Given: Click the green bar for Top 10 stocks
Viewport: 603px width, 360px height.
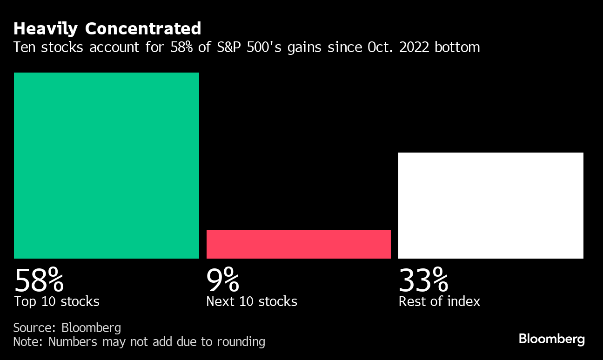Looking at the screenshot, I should pos(107,165).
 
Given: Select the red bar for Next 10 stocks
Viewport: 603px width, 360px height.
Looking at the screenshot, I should pos(298,244).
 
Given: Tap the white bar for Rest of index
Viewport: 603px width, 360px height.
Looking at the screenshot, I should pos(490,205).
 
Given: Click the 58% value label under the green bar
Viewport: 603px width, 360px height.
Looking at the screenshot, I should pos(39,280).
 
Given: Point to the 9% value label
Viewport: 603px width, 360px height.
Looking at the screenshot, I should pos(223,280).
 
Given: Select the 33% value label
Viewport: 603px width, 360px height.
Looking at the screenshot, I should pos(423,280).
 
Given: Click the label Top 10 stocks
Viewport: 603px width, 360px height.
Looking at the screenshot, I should pos(57,301).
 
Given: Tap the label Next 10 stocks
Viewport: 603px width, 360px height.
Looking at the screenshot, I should pos(252,301).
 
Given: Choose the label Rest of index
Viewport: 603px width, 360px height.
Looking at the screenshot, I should pos(439,301).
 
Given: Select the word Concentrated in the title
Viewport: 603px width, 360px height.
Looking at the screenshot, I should pos(143,29).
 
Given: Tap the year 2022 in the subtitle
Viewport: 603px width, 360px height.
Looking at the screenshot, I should pos(414,47).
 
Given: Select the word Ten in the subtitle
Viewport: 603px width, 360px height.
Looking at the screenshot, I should pos(24,47).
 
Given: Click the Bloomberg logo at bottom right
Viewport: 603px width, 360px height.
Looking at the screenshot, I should pos(551,339).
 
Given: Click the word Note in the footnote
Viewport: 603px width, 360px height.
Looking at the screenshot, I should pos(27,342).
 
